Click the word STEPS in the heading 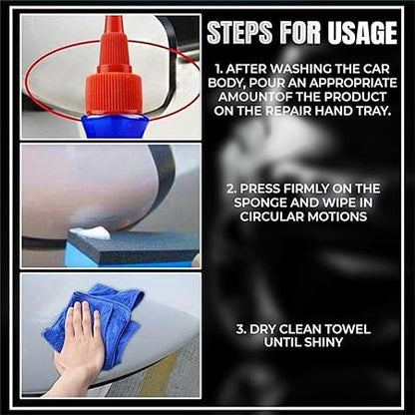(239, 33)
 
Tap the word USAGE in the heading (362, 33)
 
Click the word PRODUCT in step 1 (355, 97)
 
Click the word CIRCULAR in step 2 (271, 216)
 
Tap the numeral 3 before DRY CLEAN (239, 329)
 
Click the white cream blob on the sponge (90, 233)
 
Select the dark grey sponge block (133, 246)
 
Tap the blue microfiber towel (100, 319)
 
